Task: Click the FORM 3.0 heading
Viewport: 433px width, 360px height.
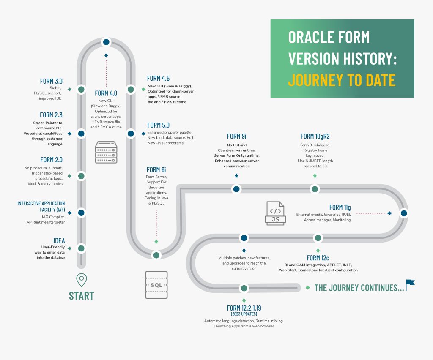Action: (51, 81)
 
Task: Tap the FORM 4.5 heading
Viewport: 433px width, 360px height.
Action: (158, 78)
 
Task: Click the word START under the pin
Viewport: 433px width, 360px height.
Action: (81, 295)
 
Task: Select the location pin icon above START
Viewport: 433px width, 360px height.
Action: (81, 279)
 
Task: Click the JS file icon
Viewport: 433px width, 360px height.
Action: (275, 213)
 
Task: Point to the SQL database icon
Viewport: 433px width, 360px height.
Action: (156, 285)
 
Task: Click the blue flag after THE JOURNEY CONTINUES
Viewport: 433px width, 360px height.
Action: (410, 284)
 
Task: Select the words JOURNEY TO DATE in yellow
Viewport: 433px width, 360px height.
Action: (342, 79)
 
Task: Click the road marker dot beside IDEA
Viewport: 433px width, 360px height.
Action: (82, 248)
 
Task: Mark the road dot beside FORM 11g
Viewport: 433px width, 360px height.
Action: (404, 213)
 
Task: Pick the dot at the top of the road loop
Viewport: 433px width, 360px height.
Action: (106, 42)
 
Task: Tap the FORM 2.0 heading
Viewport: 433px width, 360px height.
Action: (51, 160)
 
